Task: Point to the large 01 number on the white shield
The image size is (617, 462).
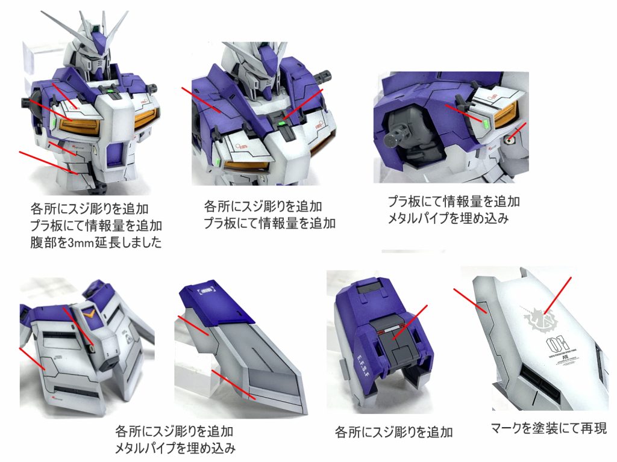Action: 557,343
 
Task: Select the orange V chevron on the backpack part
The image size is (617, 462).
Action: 90,314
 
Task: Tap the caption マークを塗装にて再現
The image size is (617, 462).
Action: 548,428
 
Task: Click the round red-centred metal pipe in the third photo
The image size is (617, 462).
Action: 510,138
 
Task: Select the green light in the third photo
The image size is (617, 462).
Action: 486,125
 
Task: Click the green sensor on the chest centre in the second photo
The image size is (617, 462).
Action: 282,123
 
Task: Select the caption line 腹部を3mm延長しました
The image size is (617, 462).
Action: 96,242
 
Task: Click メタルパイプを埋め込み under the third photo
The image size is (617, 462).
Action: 448,218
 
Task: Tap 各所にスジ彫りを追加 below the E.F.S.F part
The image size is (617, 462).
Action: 393,432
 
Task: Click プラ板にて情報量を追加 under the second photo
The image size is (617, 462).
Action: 269,224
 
